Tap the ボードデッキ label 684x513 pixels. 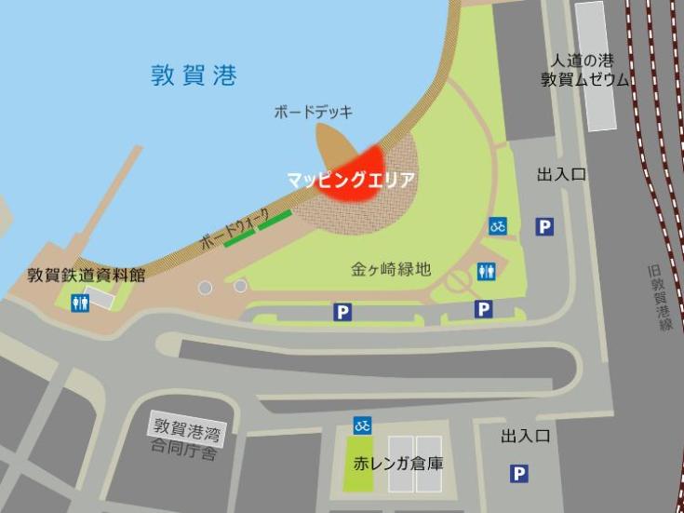[313, 112]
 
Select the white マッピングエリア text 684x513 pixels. [350, 180]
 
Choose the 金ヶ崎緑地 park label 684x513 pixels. [391, 269]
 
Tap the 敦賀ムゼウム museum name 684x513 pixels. [585, 80]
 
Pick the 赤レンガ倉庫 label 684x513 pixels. [397, 462]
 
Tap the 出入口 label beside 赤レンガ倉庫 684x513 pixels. [526, 436]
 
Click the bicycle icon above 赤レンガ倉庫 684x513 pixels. [363, 425]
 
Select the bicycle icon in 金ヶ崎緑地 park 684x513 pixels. [498, 226]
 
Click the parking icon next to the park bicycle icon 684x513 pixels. [544, 226]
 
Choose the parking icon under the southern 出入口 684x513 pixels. [518, 475]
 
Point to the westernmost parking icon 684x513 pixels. [342, 312]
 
